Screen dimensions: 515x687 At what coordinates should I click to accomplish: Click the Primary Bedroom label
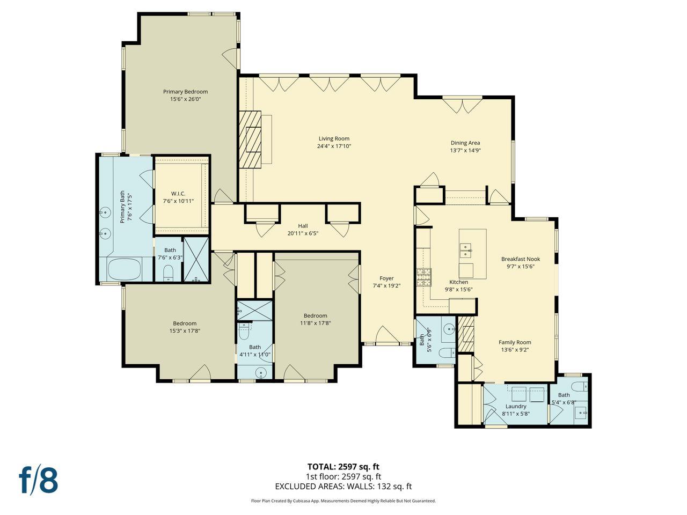(185, 92)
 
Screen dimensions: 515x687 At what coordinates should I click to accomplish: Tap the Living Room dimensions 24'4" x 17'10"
(334, 146)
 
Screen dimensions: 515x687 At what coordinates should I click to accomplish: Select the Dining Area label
(465, 143)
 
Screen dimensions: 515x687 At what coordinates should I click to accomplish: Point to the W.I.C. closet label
(178, 193)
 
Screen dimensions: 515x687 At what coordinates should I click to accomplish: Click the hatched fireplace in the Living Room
(250, 139)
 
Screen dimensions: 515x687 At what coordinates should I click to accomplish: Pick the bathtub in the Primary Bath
(124, 269)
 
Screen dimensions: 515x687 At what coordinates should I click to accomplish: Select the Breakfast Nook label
(521, 259)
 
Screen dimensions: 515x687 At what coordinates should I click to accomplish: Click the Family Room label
(515, 342)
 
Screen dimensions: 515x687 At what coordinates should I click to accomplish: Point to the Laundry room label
(516, 406)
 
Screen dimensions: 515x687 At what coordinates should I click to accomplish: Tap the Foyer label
(386, 278)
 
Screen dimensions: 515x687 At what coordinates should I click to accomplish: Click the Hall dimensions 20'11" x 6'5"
(303, 233)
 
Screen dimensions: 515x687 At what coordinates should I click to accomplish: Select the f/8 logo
(39, 480)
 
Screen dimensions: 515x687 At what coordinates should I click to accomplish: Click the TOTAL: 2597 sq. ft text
(343, 467)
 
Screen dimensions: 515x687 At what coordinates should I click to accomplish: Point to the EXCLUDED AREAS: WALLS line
(343, 487)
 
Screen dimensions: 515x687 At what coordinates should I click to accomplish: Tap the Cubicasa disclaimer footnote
(343, 501)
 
